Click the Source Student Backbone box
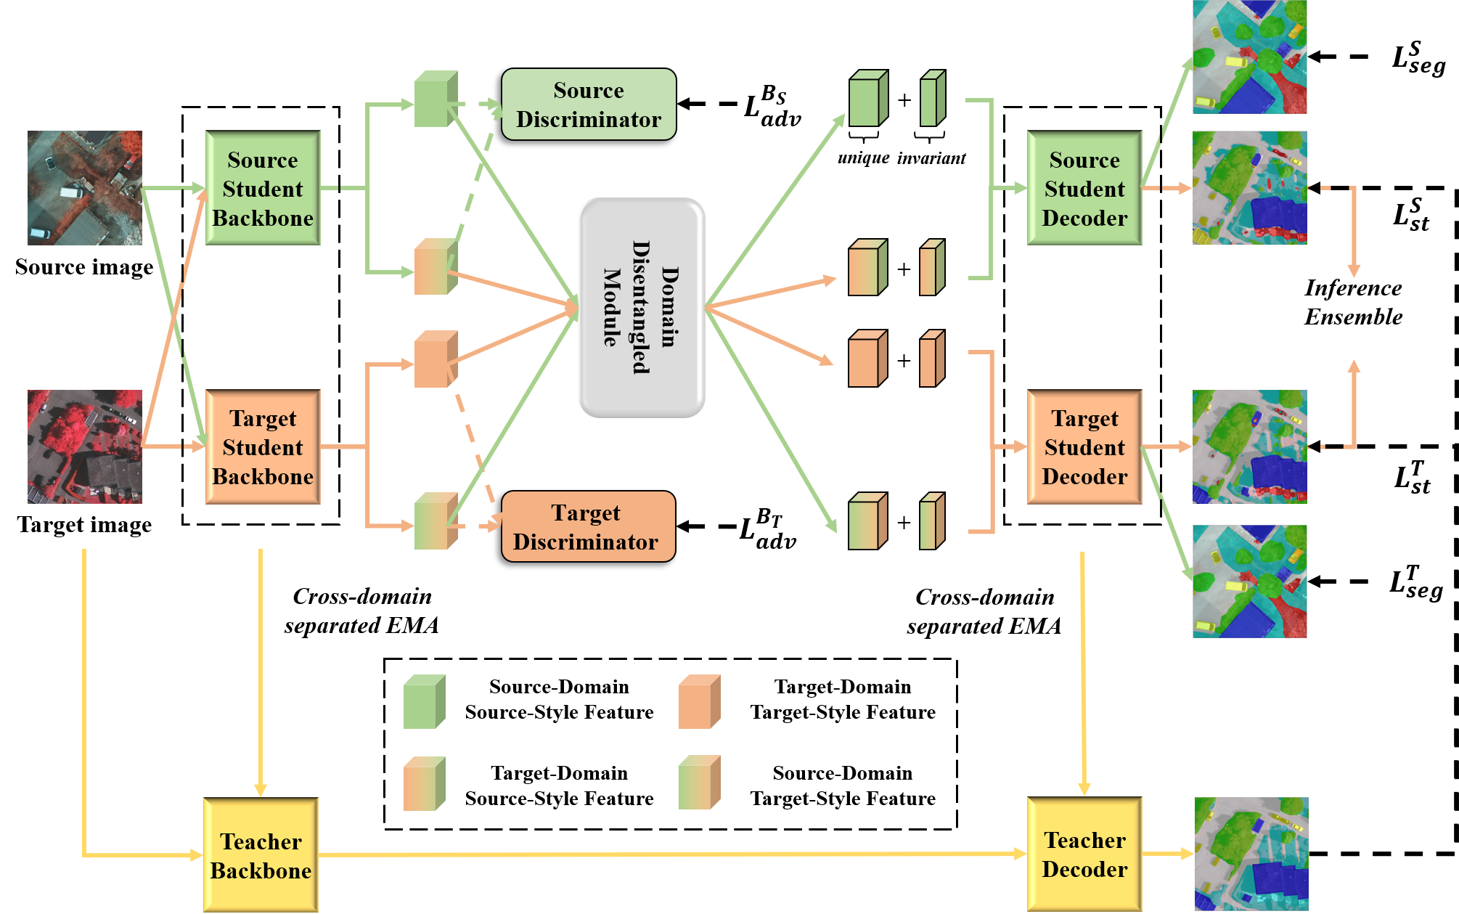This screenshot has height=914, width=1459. click(x=263, y=188)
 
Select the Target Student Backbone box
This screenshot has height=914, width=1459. click(x=263, y=447)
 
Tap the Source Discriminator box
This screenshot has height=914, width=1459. click(x=589, y=105)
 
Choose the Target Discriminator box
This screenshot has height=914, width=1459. click(x=588, y=526)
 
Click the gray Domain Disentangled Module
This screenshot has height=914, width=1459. click(x=642, y=308)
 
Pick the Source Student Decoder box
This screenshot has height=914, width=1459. click(x=1084, y=188)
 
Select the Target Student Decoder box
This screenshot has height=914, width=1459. click(x=1084, y=447)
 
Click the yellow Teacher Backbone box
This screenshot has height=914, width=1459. click(x=261, y=855)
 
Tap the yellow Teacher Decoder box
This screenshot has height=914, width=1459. click(x=1084, y=854)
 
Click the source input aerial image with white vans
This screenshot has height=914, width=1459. click(x=85, y=188)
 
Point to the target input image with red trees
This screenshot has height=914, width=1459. click(x=85, y=447)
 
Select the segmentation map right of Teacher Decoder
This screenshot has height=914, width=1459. click(x=1251, y=854)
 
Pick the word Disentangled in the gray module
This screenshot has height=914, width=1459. click(x=641, y=308)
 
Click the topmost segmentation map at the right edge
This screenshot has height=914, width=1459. click(x=1249, y=57)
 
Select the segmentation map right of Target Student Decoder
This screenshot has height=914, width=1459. click(x=1249, y=447)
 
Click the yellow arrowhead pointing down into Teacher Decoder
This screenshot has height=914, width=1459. click(x=1084, y=789)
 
